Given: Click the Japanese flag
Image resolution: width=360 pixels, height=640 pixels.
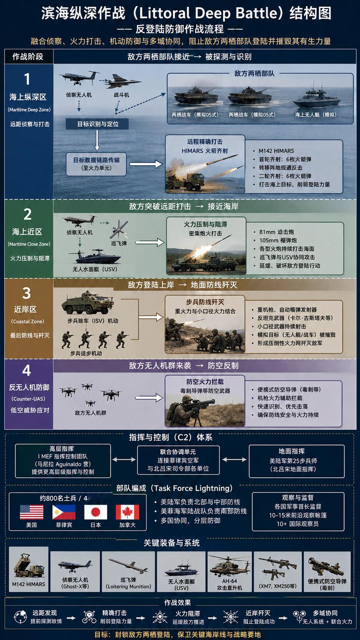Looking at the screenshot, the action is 96,512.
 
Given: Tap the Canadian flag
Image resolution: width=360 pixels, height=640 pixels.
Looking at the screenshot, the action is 127,512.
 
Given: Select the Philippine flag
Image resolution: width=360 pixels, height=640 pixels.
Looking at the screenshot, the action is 64,512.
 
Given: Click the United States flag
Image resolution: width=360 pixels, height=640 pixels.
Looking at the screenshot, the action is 32,512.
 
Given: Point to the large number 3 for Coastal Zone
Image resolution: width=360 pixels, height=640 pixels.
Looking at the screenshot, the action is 26,293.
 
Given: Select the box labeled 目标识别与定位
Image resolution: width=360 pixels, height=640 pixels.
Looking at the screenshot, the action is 97,124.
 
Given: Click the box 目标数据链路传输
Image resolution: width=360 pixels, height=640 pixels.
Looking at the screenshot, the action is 96,164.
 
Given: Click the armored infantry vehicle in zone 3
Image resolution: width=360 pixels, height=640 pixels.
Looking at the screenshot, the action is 88,303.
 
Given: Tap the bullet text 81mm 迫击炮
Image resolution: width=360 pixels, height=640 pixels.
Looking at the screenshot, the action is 276,232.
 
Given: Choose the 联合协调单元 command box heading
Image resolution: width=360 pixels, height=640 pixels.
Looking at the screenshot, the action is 178,452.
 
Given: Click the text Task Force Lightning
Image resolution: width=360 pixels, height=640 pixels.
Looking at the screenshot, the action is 192,488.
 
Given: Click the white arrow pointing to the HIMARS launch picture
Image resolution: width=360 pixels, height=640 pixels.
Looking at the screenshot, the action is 146,164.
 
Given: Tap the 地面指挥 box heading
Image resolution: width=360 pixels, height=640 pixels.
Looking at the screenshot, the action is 292,451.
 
